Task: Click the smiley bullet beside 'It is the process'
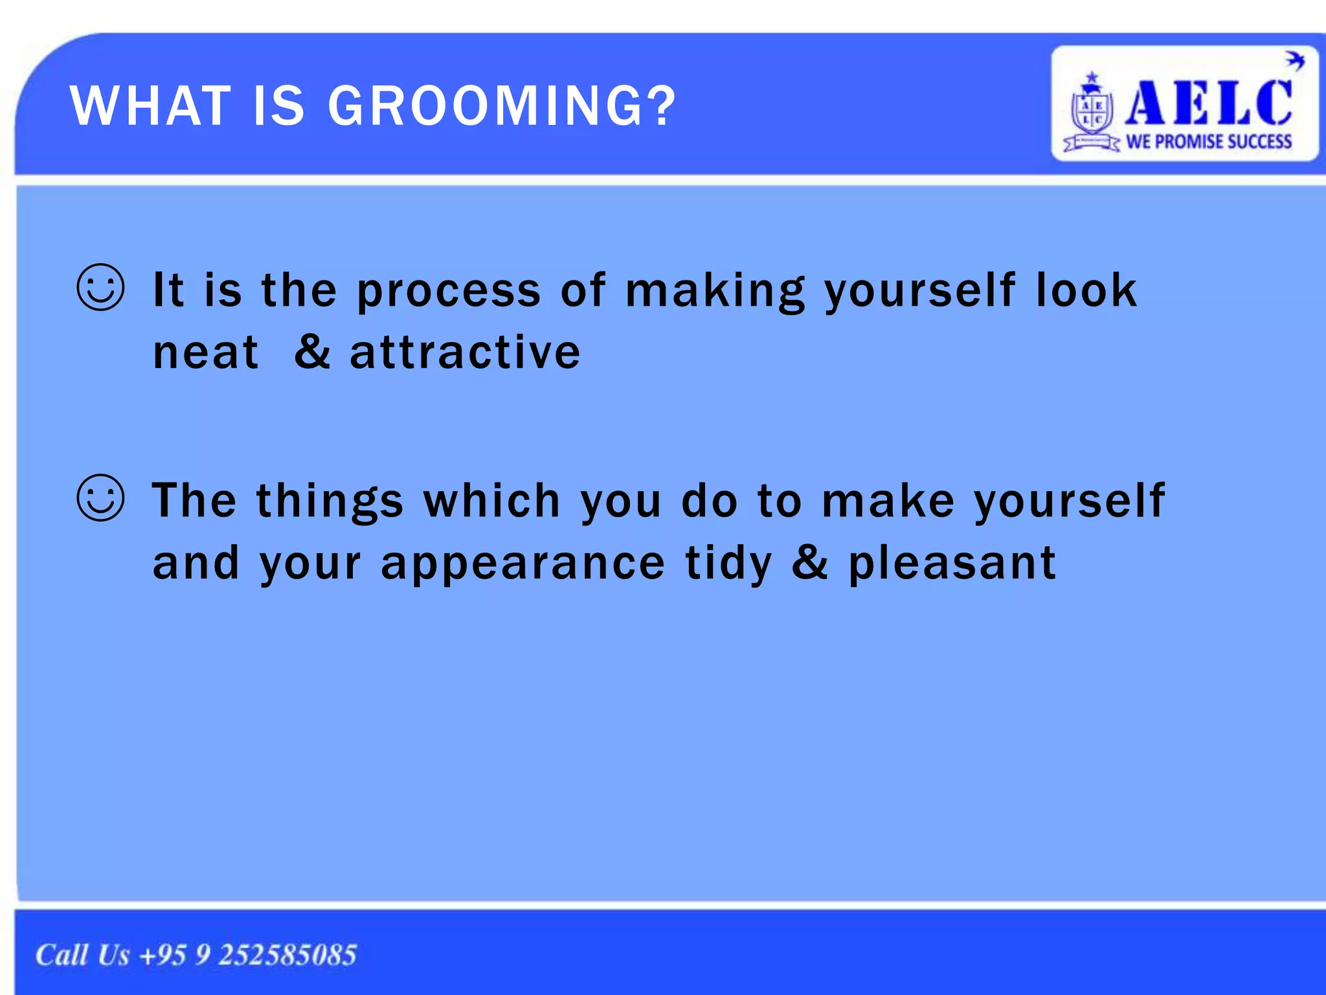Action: coord(100,288)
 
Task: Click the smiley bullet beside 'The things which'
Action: coord(100,498)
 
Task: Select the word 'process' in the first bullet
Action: coord(448,292)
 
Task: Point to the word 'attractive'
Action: coord(465,353)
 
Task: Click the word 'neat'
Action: coord(206,353)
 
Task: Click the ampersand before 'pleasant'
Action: coord(809,562)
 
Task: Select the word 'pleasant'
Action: coord(952,564)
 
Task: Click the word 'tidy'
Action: coord(728,564)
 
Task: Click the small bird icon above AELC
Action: coord(1294,61)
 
